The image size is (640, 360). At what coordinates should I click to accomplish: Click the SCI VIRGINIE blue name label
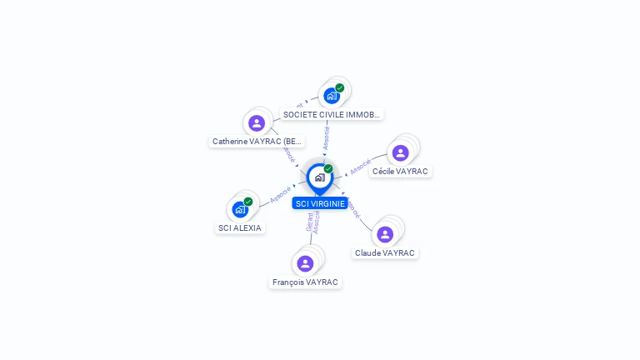[320, 203]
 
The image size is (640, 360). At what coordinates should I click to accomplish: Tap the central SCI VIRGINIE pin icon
[320, 177]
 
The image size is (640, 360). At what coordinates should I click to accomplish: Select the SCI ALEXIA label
[240, 227]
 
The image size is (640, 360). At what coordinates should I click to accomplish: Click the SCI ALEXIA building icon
[240, 209]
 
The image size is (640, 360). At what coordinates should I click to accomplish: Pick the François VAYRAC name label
[305, 282]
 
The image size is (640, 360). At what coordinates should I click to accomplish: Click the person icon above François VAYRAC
[305, 263]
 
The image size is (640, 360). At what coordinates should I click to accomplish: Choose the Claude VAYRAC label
[384, 252]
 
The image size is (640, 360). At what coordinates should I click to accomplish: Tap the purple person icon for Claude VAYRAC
[384, 234]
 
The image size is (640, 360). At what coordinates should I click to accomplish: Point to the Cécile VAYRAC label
[400, 171]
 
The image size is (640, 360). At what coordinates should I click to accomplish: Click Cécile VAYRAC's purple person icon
[400, 153]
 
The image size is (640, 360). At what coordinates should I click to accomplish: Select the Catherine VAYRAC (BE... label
[257, 141]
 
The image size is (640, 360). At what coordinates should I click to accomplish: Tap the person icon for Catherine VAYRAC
[257, 123]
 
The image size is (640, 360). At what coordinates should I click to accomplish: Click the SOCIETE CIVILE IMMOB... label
[332, 114]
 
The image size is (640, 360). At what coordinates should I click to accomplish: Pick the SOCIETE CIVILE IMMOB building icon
[332, 96]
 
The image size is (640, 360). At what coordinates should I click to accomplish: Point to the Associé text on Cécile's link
[360, 166]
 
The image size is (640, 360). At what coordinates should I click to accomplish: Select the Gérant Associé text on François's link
[312, 222]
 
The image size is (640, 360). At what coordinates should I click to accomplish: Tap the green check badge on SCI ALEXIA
[248, 202]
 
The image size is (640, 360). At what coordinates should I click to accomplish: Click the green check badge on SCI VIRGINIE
[328, 169]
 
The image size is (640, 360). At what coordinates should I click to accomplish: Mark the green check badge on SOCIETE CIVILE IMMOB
[340, 88]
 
